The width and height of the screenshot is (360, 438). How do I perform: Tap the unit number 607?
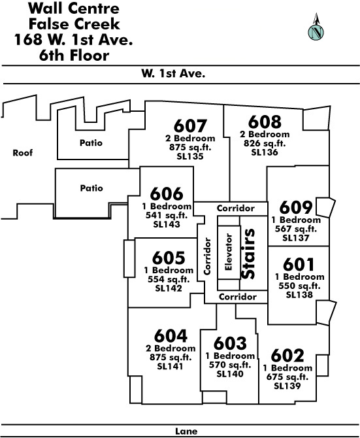click(190, 126)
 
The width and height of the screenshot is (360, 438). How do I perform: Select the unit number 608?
click(265, 122)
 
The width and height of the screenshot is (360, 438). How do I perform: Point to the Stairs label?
click(248, 254)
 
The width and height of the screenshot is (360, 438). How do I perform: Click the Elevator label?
click(228, 252)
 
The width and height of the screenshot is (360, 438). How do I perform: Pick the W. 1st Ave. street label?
click(173, 73)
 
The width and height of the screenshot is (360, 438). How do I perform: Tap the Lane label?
click(186, 431)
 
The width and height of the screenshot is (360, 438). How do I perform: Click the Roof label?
click(23, 153)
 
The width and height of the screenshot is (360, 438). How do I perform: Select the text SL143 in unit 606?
click(167, 224)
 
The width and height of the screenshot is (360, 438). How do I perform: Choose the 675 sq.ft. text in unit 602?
click(287, 377)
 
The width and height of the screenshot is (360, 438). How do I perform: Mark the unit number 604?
click(171, 336)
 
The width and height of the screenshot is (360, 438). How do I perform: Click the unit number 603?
click(230, 343)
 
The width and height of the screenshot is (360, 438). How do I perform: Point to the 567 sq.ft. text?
click(296, 229)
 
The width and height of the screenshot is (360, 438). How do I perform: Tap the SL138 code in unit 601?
click(299, 295)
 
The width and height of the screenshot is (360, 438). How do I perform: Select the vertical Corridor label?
click(207, 256)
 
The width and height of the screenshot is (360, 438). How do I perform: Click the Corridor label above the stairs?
click(235, 209)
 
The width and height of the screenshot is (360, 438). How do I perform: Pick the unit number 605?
click(169, 258)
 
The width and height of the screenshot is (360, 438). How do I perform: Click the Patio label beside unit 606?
click(91, 188)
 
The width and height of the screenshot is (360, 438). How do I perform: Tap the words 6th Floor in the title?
click(74, 56)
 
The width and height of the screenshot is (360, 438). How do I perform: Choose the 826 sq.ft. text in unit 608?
click(265, 144)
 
